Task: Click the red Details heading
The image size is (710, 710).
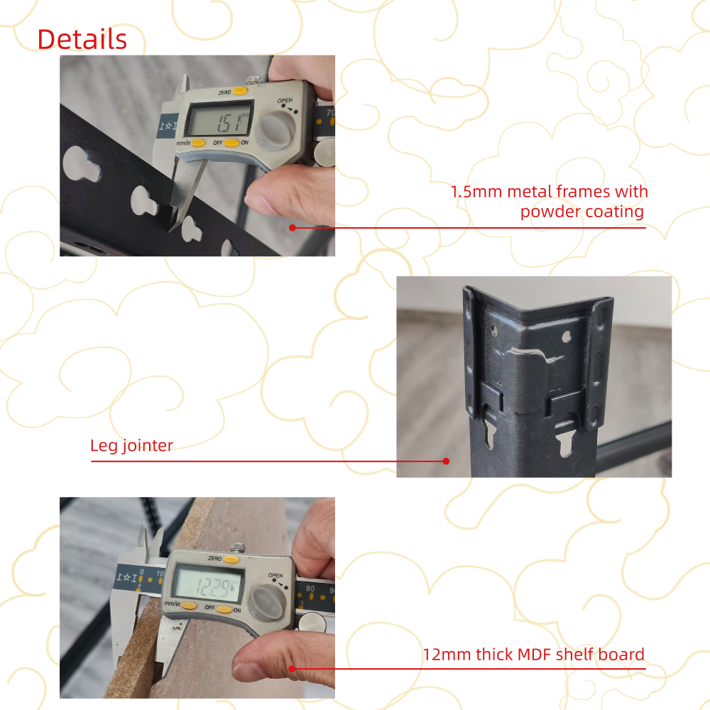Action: point(82,39)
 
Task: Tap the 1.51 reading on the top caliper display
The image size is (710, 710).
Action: point(231,122)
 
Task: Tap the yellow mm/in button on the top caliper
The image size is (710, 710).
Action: point(198,143)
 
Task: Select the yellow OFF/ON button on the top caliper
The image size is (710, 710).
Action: point(231,143)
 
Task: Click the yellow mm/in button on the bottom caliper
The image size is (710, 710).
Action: point(188,606)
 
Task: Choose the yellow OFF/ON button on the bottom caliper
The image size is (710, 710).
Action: point(224,609)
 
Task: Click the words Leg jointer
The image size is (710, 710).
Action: point(131,446)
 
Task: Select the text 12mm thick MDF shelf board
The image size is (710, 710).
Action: point(533,655)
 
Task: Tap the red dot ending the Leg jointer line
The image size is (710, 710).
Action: point(446,461)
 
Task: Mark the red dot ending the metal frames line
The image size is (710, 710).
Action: point(293,227)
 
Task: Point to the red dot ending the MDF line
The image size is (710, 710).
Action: point(292,668)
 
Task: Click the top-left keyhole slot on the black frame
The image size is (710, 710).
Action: point(81,163)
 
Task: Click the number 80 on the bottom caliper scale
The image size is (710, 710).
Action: point(310,588)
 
